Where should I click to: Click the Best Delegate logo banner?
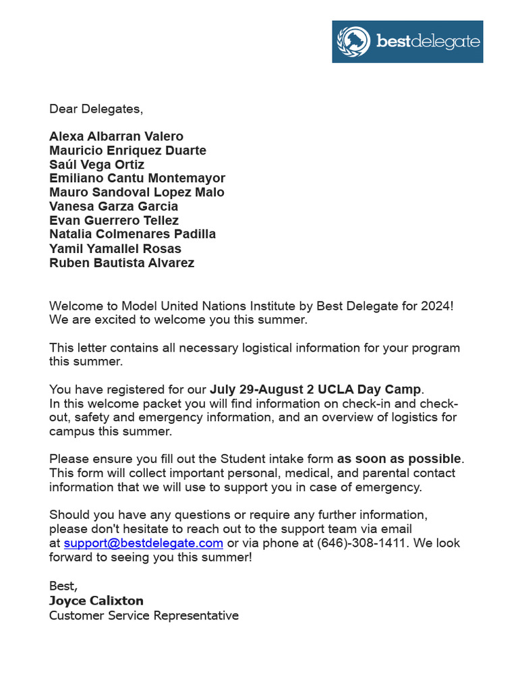pyautogui.click(x=407, y=41)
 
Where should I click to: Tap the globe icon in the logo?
pyautogui.click(x=353, y=41)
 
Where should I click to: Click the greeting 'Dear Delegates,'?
pyautogui.click(x=96, y=109)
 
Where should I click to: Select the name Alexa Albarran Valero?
pyautogui.click(x=116, y=136)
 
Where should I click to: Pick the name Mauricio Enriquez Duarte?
pyautogui.click(x=127, y=150)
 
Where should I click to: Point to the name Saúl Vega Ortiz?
pyautogui.click(x=96, y=165)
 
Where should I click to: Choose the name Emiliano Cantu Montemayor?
pyautogui.click(x=137, y=178)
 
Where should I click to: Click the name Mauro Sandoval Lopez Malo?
pyautogui.click(x=137, y=192)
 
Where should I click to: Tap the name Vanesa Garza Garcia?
pyautogui.click(x=113, y=206)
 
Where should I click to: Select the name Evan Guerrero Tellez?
pyautogui.click(x=114, y=221)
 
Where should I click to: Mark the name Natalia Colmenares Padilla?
pyautogui.click(x=132, y=234)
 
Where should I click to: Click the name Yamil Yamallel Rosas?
pyautogui.click(x=115, y=248)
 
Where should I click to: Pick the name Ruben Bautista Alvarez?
pyautogui.click(x=121, y=262)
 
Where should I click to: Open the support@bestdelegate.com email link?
pyautogui.click(x=144, y=543)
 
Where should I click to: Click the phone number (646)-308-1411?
pyautogui.click(x=362, y=543)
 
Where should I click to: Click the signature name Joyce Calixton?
pyautogui.click(x=96, y=601)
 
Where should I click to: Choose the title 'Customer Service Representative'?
pyautogui.click(x=144, y=615)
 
